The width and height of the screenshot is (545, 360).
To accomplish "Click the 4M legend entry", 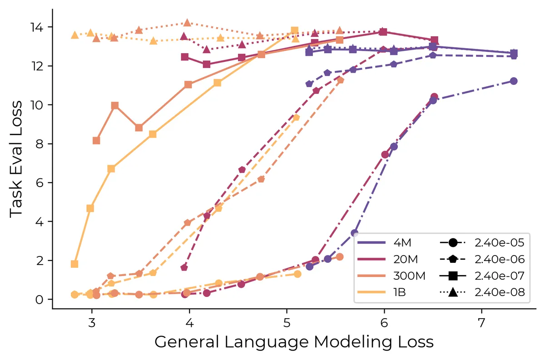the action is point(384,242).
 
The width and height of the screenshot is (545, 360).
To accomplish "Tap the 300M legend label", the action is point(409,276).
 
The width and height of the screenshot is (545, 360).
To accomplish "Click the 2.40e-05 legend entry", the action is point(482,242).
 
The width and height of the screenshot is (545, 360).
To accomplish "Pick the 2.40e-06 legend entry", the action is point(482,259).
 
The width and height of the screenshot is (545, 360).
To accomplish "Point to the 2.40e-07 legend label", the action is point(500,276).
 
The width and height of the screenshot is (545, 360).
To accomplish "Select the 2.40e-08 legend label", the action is point(500,292).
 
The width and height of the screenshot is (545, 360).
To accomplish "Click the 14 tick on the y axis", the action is point(36,27).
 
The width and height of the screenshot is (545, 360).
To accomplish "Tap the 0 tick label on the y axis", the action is point(39,300).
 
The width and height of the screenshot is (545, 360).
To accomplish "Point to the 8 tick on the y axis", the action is point(39,144).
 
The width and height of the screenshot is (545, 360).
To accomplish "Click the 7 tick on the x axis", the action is point(482,323).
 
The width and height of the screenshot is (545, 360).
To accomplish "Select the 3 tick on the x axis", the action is point(92,323).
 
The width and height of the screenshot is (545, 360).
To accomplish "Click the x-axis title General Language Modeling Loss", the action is point(294,342).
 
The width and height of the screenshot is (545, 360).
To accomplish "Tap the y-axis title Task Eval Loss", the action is point(16,159).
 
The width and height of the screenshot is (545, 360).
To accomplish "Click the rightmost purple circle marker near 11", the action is point(514,81).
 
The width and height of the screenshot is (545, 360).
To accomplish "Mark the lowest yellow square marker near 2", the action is point(74,264).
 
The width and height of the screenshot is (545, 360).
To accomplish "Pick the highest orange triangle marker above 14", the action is point(187,23).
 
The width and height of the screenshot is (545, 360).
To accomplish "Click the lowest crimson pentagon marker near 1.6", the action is point(184,267).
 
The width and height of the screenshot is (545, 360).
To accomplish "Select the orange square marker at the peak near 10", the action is point(115,106).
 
